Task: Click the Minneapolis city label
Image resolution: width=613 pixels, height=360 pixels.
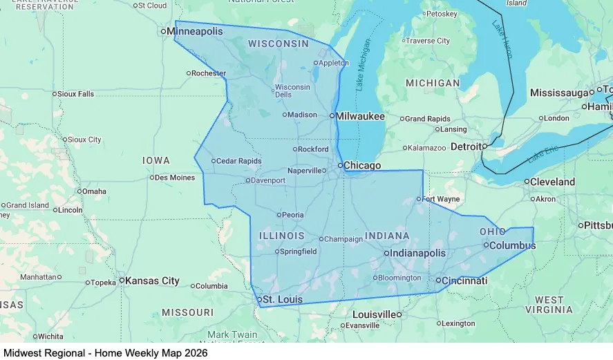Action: coord(195,31)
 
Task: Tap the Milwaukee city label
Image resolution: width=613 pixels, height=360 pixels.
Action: coord(360,116)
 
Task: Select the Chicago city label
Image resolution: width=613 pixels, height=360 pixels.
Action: coord(362,165)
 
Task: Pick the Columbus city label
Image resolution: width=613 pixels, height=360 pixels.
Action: coord(512,245)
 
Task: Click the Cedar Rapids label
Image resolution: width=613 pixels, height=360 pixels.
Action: coord(239,161)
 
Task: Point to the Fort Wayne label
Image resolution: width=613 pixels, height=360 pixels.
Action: coord(442,199)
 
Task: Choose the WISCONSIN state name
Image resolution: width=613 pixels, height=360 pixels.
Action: coord(279,44)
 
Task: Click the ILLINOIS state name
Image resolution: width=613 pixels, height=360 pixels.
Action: coord(281,236)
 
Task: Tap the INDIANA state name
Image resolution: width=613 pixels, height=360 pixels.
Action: coord(387,236)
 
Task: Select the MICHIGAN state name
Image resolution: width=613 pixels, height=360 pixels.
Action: coord(433,83)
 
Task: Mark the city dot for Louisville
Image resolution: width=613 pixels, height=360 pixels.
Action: coord(399,315)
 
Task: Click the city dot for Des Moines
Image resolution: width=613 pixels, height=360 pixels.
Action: coord(151,178)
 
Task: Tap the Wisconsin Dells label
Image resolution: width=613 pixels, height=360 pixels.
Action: coord(292,91)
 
